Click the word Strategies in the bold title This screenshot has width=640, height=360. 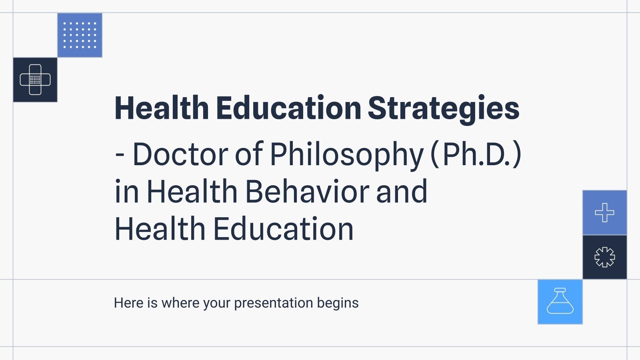pos(443,109)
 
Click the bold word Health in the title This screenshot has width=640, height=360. pos(162,108)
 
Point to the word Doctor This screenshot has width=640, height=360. pos(180,154)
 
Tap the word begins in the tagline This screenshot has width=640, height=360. pos(338,303)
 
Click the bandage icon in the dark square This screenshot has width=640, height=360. pos(35,80)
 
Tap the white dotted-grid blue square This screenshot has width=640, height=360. pos(80,35)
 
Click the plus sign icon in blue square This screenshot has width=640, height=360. pos(604,212)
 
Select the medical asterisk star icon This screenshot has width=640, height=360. pos(604,257)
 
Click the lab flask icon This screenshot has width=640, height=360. pos(560,302)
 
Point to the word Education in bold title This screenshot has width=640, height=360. pos(289,108)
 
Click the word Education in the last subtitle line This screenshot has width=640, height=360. pos(283,229)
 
